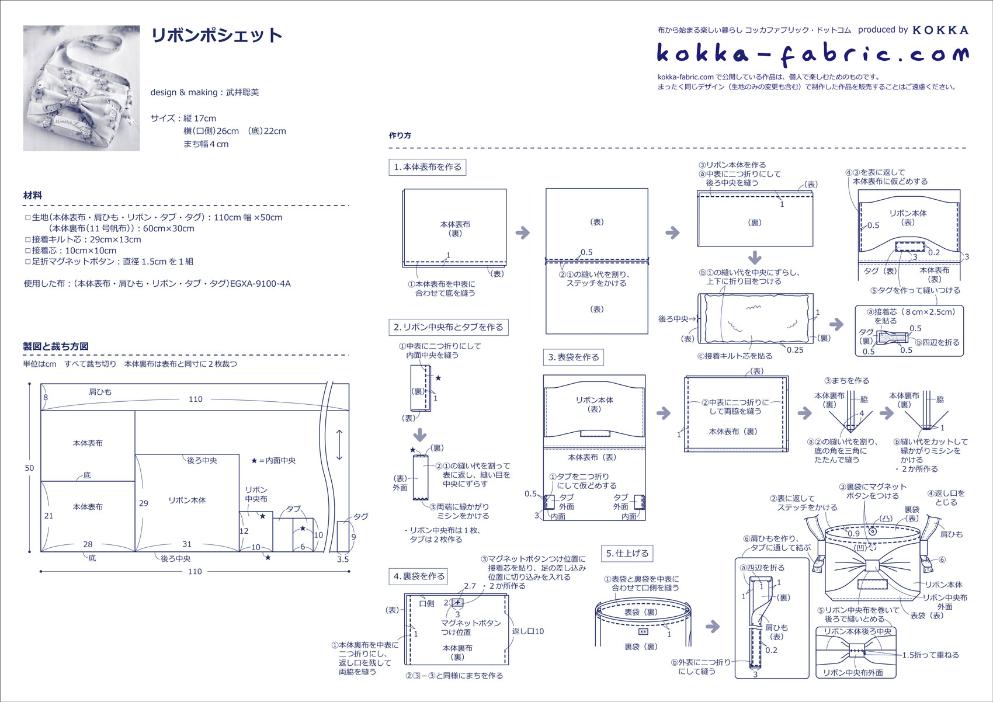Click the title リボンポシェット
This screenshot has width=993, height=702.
(217, 36)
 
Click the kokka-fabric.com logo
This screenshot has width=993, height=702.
(813, 54)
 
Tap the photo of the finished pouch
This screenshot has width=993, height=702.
(81, 88)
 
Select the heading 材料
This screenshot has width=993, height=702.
(33, 196)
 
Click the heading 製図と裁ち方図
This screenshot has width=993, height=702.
(56, 346)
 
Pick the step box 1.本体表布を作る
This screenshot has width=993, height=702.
(427, 167)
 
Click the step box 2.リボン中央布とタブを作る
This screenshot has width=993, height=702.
(448, 327)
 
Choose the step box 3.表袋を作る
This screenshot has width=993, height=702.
(573, 357)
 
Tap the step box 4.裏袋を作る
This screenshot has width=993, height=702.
(419, 576)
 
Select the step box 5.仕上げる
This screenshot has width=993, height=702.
(627, 553)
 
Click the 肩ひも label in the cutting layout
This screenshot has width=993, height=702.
(100, 392)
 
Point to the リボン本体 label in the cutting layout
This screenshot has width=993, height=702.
(187, 501)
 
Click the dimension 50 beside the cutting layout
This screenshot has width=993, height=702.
(29, 468)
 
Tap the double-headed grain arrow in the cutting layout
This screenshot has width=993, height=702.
(339, 445)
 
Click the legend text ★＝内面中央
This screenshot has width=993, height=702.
(273, 460)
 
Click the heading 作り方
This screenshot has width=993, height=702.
(400, 135)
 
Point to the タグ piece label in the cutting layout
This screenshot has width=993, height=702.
(361, 516)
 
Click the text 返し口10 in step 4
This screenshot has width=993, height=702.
(528, 631)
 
